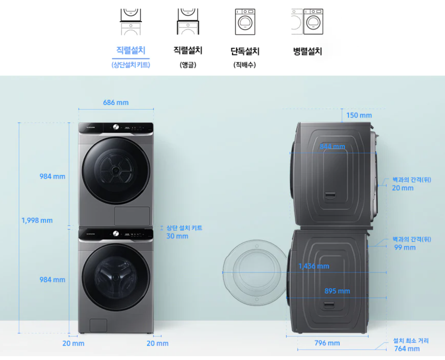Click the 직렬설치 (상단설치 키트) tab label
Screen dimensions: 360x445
[x=131, y=51]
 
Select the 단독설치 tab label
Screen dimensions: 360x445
[x=245, y=51]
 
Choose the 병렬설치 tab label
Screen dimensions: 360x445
[x=307, y=51]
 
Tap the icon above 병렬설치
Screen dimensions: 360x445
[x=307, y=22]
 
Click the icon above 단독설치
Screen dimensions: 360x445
[x=245, y=22]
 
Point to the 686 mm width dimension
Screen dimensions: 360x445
[x=116, y=103]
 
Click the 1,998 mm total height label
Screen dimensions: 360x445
[x=37, y=221]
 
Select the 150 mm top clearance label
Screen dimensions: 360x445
[x=359, y=115]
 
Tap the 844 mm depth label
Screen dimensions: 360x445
[x=332, y=146]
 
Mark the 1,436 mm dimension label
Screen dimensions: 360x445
[x=314, y=266]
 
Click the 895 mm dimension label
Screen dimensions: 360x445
[x=337, y=291]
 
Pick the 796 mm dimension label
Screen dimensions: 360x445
[x=327, y=343]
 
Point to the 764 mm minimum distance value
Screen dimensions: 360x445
[x=407, y=349]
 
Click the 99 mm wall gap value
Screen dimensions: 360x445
[x=404, y=247]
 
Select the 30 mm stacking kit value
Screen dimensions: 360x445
[x=177, y=236]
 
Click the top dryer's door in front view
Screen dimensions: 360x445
[x=116, y=170]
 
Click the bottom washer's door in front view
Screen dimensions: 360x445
[x=116, y=277]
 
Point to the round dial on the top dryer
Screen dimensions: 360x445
[x=115, y=127]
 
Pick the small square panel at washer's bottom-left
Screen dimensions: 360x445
[x=98, y=325]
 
